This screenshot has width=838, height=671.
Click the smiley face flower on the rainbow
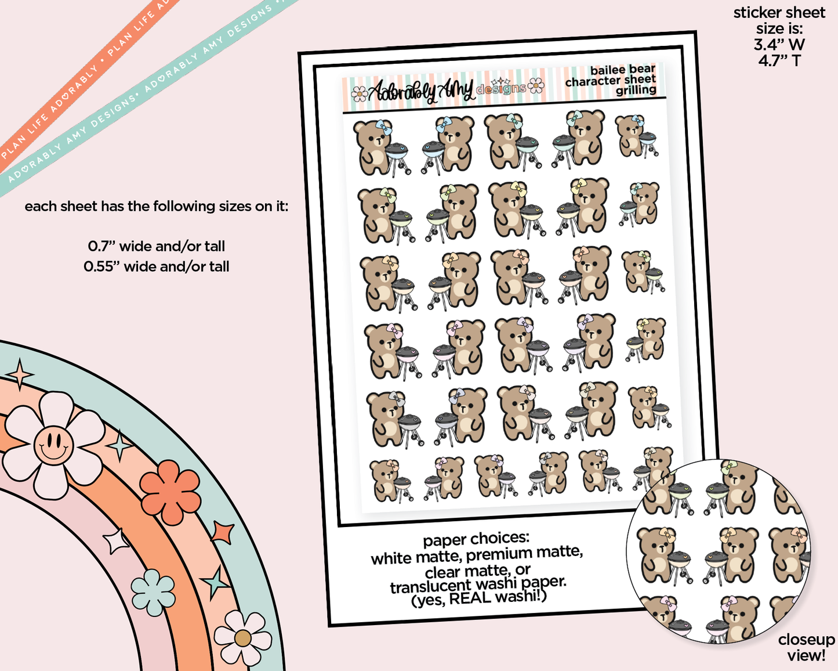pyautogui.click(x=54, y=445)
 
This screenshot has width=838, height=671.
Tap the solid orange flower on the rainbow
pyautogui.click(x=170, y=492)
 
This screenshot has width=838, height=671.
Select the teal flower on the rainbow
pyautogui.click(x=153, y=592)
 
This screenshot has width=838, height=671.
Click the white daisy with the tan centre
pyautogui.click(x=242, y=638)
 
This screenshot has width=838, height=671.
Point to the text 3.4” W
pyautogui.click(x=779, y=45)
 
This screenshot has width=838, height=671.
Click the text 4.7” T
pyautogui.click(x=779, y=61)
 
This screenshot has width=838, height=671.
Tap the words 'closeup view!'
pyautogui.click(x=806, y=648)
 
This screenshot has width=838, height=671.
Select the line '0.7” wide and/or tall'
pyautogui.click(x=156, y=247)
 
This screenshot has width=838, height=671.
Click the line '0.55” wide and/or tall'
pyautogui.click(x=156, y=266)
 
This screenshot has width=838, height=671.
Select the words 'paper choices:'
pyautogui.click(x=476, y=540)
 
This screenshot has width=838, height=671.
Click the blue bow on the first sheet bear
pyautogui.click(x=383, y=128)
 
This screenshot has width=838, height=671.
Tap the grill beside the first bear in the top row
pyautogui.click(x=397, y=158)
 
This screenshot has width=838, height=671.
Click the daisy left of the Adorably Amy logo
pyautogui.click(x=359, y=94)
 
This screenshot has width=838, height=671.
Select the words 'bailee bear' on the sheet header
pyautogui.click(x=623, y=70)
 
